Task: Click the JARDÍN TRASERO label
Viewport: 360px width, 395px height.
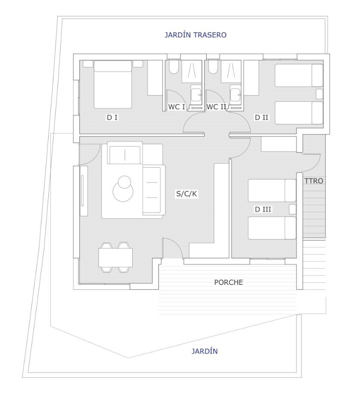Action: (x=196, y=35)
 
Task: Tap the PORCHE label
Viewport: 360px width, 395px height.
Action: (x=228, y=282)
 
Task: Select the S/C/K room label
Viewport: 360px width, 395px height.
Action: (x=186, y=194)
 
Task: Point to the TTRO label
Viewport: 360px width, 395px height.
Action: (x=313, y=181)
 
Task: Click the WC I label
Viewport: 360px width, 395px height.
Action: (x=177, y=107)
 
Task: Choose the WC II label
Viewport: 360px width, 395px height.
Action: (x=216, y=107)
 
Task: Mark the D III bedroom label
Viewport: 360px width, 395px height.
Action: (x=263, y=210)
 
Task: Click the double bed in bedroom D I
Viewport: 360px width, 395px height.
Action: (x=113, y=84)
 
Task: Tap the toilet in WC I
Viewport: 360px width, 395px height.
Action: (x=174, y=67)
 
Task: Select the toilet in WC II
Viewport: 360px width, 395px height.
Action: (x=213, y=67)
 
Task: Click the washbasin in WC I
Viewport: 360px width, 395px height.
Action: (x=196, y=95)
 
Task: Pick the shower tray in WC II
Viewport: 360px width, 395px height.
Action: (x=231, y=71)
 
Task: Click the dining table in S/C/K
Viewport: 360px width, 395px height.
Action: (x=115, y=258)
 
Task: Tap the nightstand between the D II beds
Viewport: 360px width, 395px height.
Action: (x=320, y=94)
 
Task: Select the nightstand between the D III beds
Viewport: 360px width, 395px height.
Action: (x=292, y=210)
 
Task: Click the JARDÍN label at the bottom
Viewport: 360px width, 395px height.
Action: (x=205, y=351)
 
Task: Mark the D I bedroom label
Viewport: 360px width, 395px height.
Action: (x=112, y=117)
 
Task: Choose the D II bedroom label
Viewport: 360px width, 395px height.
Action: (x=262, y=117)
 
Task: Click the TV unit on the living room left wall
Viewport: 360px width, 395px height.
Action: (x=84, y=191)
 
